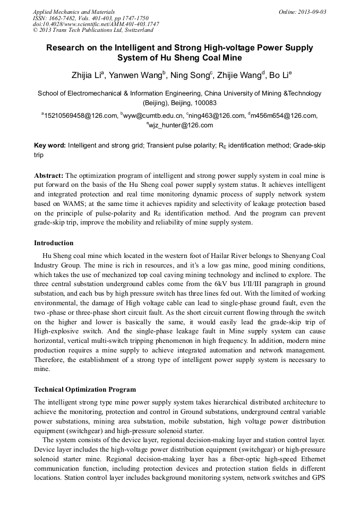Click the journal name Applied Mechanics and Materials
coord(74,12)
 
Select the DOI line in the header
coord(96,24)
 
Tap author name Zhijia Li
coord(87,75)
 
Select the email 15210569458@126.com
coord(80,115)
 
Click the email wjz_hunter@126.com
coord(181,126)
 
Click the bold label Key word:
coord(50,145)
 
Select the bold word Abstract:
coord(49,175)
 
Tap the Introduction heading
coord(54,243)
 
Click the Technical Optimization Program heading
coord(84,390)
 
